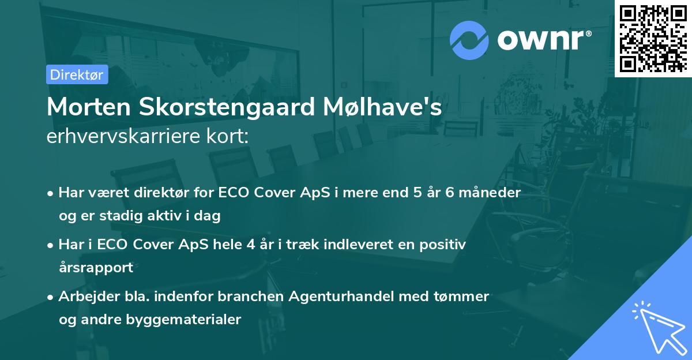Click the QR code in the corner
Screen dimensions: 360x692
pos(653,39)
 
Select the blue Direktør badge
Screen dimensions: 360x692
pos(77,74)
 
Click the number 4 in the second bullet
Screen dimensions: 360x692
pos(250,244)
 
